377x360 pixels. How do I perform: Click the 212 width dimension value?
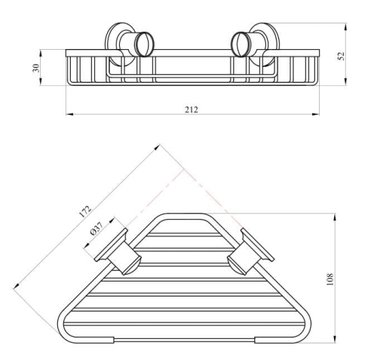tap(192, 109)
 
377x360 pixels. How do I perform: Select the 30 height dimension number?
tap(36, 68)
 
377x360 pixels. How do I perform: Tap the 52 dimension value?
tap(342, 56)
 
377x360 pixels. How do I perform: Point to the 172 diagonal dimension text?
tap(85, 211)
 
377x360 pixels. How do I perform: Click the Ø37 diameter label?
tap(97, 229)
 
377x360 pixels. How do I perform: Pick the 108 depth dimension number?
tap(329, 279)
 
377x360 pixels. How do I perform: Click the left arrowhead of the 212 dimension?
tap(69, 115)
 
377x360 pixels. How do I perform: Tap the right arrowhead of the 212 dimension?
tap(316, 115)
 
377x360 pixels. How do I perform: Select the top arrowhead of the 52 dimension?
tap(346, 27)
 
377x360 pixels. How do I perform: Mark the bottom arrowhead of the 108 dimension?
tap(335, 339)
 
